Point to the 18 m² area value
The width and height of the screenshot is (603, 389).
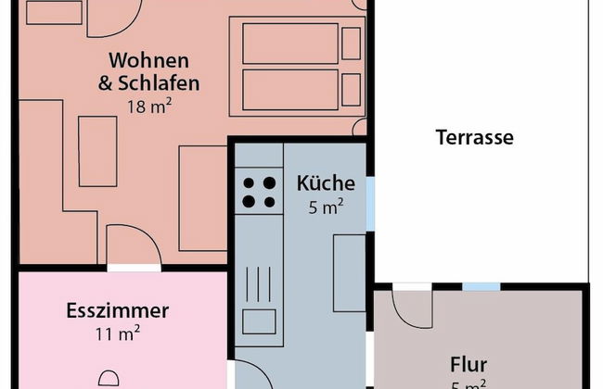tap(149, 106)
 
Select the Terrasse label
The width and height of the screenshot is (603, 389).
tap(474, 138)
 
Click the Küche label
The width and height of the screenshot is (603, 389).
tap(326, 183)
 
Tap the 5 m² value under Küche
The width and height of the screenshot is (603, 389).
tap(326, 207)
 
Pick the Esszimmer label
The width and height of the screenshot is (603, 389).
tap(117, 310)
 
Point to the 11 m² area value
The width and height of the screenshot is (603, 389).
tap(117, 333)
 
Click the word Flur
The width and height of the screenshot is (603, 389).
tap(468, 364)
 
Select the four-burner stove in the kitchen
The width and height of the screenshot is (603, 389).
tap(259, 192)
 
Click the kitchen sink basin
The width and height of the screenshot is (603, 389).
tap(259, 321)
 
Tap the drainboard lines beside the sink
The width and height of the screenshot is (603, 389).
tap(259, 283)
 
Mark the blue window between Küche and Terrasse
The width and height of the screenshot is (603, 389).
tap(371, 203)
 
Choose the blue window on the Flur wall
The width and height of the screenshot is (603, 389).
tap(481, 287)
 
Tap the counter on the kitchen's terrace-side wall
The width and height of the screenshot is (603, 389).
tap(350, 272)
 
